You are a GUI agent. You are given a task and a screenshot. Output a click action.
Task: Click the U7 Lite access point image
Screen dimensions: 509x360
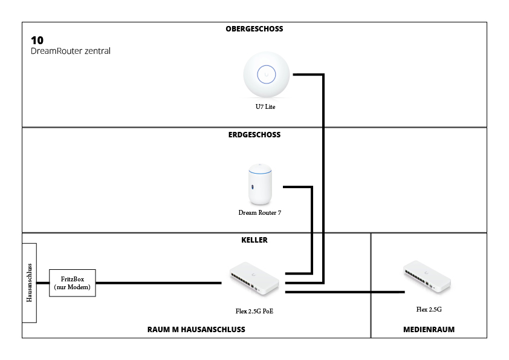[x=267, y=74]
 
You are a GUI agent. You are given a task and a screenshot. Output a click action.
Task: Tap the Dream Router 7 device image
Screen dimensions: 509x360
[x=260, y=184]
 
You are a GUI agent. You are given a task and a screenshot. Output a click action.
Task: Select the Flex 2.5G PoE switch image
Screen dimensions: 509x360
[x=254, y=278]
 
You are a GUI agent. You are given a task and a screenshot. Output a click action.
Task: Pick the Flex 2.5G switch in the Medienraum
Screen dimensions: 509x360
[x=427, y=276]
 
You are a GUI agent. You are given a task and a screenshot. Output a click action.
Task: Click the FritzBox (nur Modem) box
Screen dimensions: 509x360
[x=73, y=283]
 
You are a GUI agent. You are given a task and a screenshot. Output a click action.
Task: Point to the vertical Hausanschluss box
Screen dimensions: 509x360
[x=29, y=283]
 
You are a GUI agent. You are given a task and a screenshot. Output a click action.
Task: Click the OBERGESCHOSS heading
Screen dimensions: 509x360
[x=254, y=29]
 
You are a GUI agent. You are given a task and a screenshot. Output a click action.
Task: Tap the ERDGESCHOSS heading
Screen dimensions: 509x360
[x=254, y=135]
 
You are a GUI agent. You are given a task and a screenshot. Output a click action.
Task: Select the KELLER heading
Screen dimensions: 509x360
[x=254, y=240]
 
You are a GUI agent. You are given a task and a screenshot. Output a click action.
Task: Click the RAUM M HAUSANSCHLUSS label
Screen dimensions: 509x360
[x=196, y=330]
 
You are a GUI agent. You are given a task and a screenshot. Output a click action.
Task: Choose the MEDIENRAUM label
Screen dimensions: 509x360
[x=429, y=330]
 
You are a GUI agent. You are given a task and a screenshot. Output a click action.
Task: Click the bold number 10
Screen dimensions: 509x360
[x=37, y=41]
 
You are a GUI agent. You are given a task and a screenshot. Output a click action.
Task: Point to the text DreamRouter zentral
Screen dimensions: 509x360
[x=71, y=51]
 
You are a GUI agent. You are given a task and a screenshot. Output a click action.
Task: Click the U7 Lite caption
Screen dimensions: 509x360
[x=265, y=106]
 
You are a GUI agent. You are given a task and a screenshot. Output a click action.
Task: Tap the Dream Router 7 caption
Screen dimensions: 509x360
[x=260, y=212]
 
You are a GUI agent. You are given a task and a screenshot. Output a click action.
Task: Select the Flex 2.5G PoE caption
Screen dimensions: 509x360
[x=254, y=311]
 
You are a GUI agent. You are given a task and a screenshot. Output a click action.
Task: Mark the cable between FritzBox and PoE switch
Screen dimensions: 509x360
[x=159, y=283]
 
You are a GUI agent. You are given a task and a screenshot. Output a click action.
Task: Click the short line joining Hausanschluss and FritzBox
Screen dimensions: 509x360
[x=43, y=283]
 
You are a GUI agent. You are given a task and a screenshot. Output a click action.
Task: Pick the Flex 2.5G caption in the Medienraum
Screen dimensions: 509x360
[x=429, y=309]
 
